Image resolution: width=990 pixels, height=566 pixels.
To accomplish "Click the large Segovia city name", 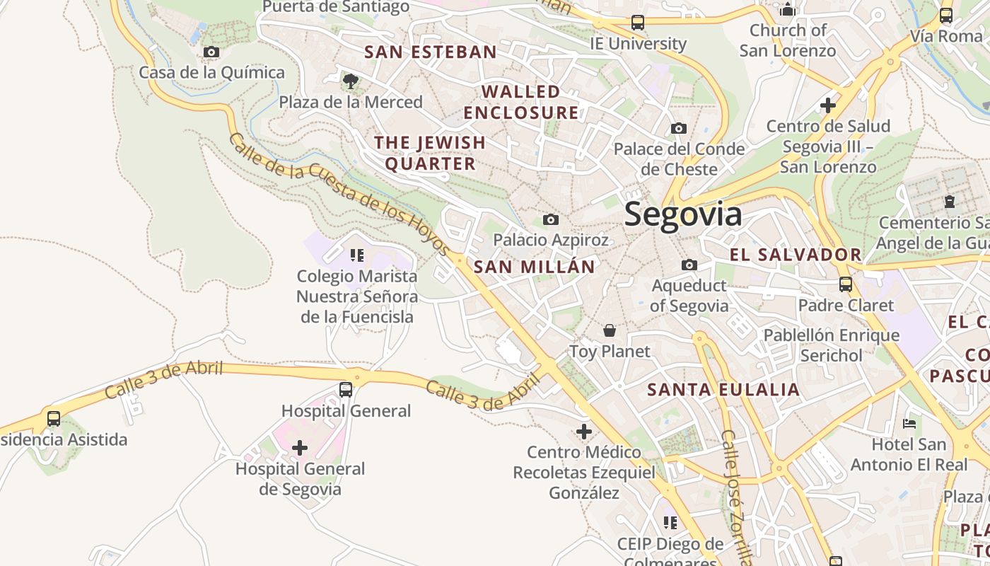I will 683,214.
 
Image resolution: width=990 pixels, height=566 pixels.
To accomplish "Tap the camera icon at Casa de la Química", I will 211,52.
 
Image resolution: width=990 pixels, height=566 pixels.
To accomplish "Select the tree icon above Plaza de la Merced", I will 350,81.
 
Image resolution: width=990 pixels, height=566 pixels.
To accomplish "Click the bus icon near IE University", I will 638,23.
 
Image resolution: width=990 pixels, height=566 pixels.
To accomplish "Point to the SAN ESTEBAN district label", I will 431,52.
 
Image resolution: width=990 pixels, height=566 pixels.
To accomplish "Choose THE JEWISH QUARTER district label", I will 430,153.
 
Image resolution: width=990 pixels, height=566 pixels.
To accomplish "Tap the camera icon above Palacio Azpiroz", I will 550,219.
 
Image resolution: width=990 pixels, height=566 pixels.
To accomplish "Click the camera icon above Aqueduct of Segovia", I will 689,265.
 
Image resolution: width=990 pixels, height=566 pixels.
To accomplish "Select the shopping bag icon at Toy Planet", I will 609,330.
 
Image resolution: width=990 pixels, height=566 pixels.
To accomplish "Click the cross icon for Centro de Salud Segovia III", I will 827,105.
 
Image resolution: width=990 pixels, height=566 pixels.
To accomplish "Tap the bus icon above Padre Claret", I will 845,284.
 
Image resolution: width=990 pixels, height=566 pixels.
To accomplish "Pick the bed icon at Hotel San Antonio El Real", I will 909,424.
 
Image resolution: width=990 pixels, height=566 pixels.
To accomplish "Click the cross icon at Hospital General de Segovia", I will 300,447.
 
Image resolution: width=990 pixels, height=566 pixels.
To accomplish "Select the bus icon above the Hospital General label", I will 346,389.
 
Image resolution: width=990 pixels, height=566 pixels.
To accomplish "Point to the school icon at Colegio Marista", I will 356,255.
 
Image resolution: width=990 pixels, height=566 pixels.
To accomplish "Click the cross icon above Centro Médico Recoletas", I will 583,431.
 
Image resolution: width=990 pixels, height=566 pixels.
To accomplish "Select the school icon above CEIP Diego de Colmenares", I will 670,523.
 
